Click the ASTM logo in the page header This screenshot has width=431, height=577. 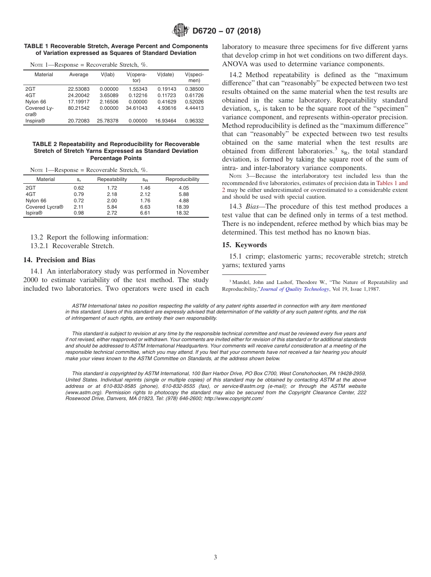tap(181, 31)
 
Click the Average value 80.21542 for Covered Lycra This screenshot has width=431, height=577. tap(78, 108)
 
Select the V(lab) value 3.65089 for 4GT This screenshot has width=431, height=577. tap(109, 96)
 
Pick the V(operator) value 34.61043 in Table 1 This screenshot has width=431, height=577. tap(137, 108)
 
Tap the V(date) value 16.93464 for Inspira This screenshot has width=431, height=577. tap(167, 121)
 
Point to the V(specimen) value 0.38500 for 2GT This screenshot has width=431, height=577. tap(194, 89)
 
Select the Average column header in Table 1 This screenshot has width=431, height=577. tap(78, 75)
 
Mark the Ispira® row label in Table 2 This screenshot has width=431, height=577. tap(34, 213)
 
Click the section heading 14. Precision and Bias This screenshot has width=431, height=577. tap(59, 260)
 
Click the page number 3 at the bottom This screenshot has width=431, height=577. tap(215, 557)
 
